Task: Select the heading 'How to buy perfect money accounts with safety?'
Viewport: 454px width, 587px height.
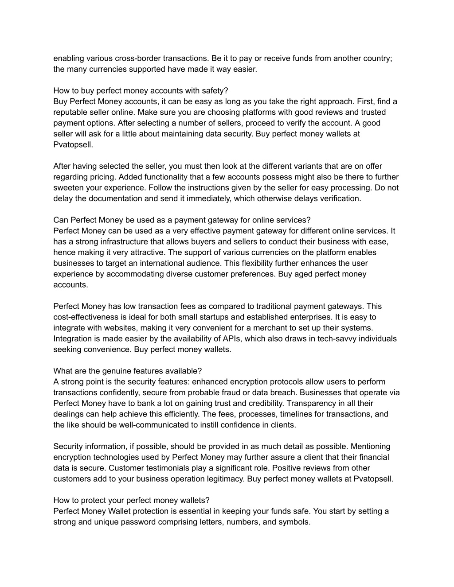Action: (141, 91)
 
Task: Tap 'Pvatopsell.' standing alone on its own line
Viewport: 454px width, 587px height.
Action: (73, 144)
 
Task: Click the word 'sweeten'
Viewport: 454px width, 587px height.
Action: (68, 188)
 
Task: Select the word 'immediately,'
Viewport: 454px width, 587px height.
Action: (209, 198)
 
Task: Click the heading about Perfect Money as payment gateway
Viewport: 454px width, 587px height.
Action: (182, 220)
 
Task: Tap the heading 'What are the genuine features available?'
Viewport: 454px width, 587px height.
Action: (127, 371)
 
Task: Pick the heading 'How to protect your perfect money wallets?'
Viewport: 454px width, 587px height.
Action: (131, 500)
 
